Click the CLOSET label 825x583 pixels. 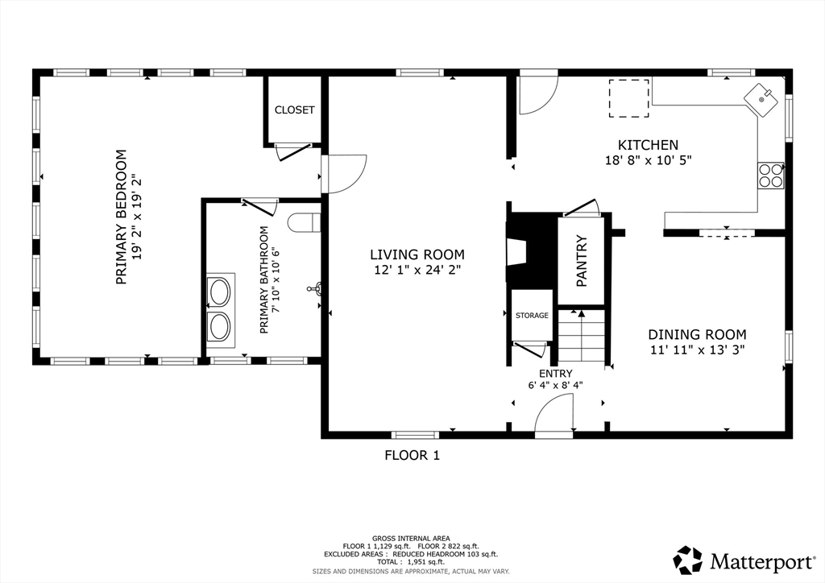pos(295,110)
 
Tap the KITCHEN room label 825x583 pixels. pos(648,145)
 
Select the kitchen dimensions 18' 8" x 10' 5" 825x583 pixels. pos(648,159)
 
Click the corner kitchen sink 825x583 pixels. pos(761,99)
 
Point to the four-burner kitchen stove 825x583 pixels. pos(770,176)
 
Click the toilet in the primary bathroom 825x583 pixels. pos(304,222)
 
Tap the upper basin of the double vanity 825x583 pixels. pos(219,292)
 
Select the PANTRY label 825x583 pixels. pos(582,261)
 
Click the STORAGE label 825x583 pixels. pos(532,316)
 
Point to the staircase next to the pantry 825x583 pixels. pos(582,336)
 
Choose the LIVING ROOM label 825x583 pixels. pos(417,255)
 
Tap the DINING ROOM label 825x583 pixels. pos(697,334)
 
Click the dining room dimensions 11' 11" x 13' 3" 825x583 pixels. pos(697,349)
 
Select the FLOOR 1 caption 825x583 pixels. pos(412,455)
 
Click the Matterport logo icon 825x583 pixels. pos(688,560)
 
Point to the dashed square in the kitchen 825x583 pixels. pos(628,98)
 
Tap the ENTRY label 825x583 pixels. pos(556,374)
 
